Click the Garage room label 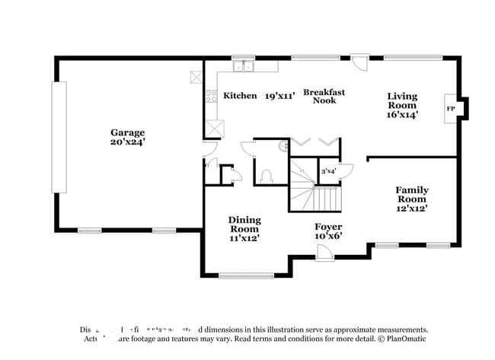(127, 132)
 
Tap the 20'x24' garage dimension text (127, 142)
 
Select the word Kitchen (240, 96)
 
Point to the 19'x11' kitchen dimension (279, 96)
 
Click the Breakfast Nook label (324, 96)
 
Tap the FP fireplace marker (450, 109)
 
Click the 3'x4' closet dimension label (328, 171)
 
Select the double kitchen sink (244, 67)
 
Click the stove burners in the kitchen (211, 96)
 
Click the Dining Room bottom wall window (245, 276)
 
